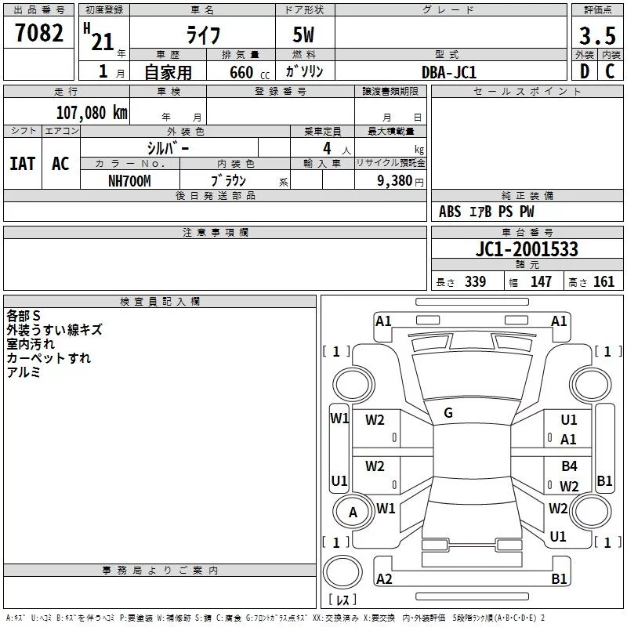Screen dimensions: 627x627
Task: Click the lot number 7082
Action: coord(39,33)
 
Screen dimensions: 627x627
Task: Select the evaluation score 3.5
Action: coord(597,36)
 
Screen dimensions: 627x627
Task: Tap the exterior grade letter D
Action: coord(585,71)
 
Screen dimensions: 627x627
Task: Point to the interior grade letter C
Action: coord(610,71)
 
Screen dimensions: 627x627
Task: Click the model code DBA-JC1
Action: coord(449,72)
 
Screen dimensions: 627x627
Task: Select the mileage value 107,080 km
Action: coord(92,113)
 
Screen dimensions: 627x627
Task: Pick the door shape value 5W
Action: coord(303,34)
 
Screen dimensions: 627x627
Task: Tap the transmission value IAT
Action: coord(22,164)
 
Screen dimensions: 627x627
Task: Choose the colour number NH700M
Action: coord(129,181)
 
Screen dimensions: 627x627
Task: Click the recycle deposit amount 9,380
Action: coord(395,181)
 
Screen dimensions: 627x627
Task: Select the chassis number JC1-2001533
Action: coord(527,249)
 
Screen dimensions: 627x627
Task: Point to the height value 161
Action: coord(603,282)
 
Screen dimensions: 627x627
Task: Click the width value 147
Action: coord(541,282)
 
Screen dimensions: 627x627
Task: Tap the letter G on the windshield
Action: coord(448,413)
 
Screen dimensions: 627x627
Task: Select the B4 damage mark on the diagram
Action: coord(569,466)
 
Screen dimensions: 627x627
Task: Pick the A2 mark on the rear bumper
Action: coord(384,578)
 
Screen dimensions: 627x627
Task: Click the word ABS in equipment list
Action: coord(450,212)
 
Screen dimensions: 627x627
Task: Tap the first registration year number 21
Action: coord(103,42)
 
